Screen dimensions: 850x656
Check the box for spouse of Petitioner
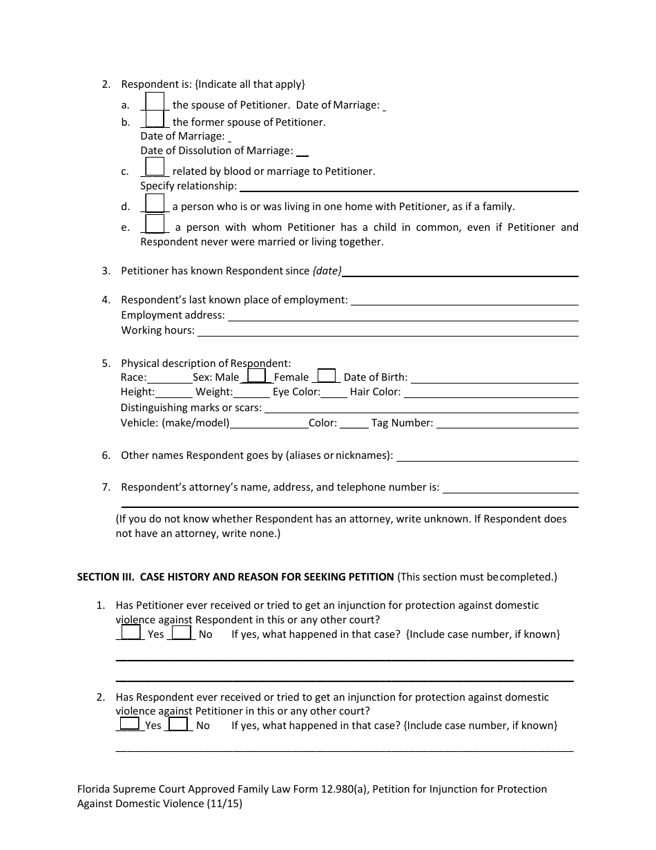[x=155, y=102]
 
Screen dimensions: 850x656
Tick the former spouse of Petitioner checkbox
[x=155, y=119]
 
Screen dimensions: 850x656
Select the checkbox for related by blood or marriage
[x=155, y=167]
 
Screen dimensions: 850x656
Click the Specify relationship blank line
[x=408, y=187]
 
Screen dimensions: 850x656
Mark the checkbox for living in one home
[x=155, y=202]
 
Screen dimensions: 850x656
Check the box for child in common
[x=155, y=224]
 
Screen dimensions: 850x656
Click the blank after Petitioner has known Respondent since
[x=460, y=272]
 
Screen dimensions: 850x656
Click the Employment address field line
[x=403, y=316]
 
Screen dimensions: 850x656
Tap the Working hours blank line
[x=387, y=331]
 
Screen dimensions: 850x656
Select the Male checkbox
[x=256, y=375]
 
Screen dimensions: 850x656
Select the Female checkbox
[x=327, y=375]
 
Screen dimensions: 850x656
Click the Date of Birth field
[x=494, y=378]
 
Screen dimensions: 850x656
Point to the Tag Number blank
[x=507, y=424]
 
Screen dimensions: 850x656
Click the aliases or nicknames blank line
[x=488, y=456]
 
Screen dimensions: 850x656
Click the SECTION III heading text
[x=235, y=576]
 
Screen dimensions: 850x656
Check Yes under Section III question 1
[x=131, y=632]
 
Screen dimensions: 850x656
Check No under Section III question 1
[x=182, y=632]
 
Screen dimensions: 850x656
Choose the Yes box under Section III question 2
[x=129, y=724]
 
